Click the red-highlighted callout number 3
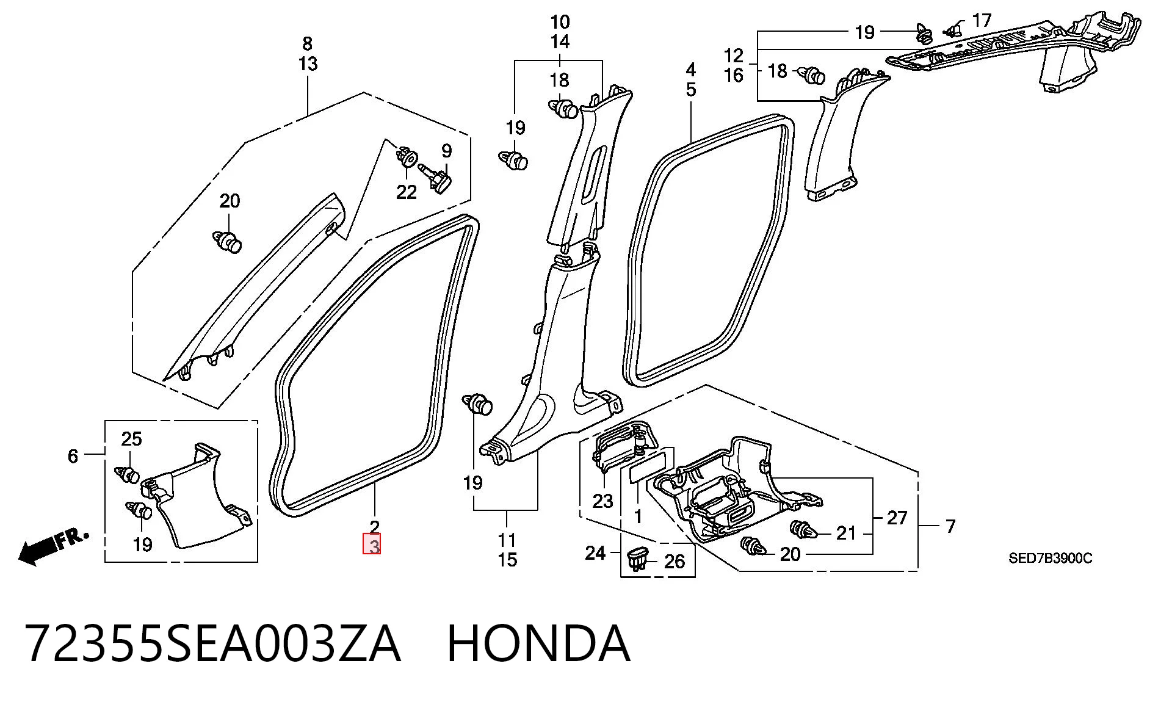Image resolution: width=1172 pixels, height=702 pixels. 372,545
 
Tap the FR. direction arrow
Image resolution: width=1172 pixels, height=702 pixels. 54,545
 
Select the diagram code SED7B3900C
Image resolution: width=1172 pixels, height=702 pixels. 1050,558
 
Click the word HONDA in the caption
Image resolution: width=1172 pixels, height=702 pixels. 539,643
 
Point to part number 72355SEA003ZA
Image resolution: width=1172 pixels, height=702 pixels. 212,643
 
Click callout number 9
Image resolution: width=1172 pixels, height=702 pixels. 447,151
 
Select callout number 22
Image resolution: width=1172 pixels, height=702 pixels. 407,192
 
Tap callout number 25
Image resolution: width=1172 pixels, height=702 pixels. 132,439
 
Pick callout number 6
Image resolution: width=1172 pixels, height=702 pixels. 73,456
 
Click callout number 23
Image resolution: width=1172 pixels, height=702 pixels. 602,501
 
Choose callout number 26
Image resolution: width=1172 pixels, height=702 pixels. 675,561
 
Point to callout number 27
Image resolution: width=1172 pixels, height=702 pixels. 897,518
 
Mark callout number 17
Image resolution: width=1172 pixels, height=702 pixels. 982,21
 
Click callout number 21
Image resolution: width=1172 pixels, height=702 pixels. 846,533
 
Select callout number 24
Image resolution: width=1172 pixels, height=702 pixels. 595,553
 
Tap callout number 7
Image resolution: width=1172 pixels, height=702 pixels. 950,526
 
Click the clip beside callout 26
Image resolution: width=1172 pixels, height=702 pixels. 637,558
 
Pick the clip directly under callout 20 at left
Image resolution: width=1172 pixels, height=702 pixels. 228,241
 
